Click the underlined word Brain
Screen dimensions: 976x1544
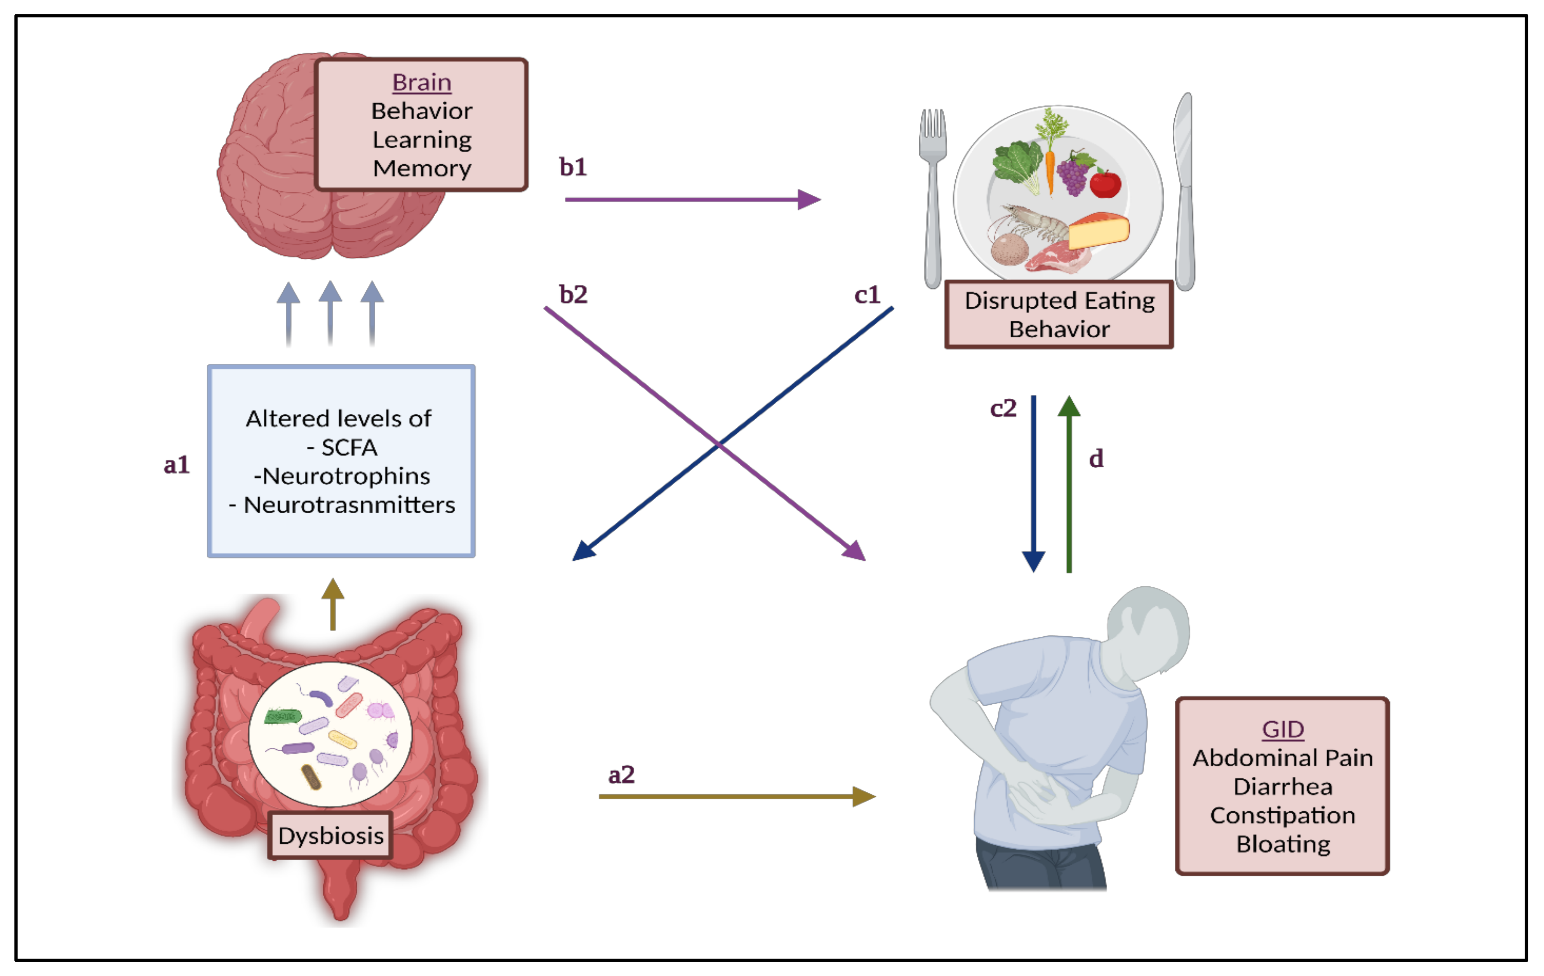click(421, 83)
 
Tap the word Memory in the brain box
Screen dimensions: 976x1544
click(422, 168)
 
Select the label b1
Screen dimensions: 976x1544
click(572, 167)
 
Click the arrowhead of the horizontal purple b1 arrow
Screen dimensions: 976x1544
click(809, 199)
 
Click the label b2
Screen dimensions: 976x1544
click(572, 295)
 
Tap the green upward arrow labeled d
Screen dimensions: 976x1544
click(1069, 481)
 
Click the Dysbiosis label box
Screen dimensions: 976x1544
click(330, 835)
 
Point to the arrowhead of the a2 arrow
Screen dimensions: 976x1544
click(864, 797)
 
